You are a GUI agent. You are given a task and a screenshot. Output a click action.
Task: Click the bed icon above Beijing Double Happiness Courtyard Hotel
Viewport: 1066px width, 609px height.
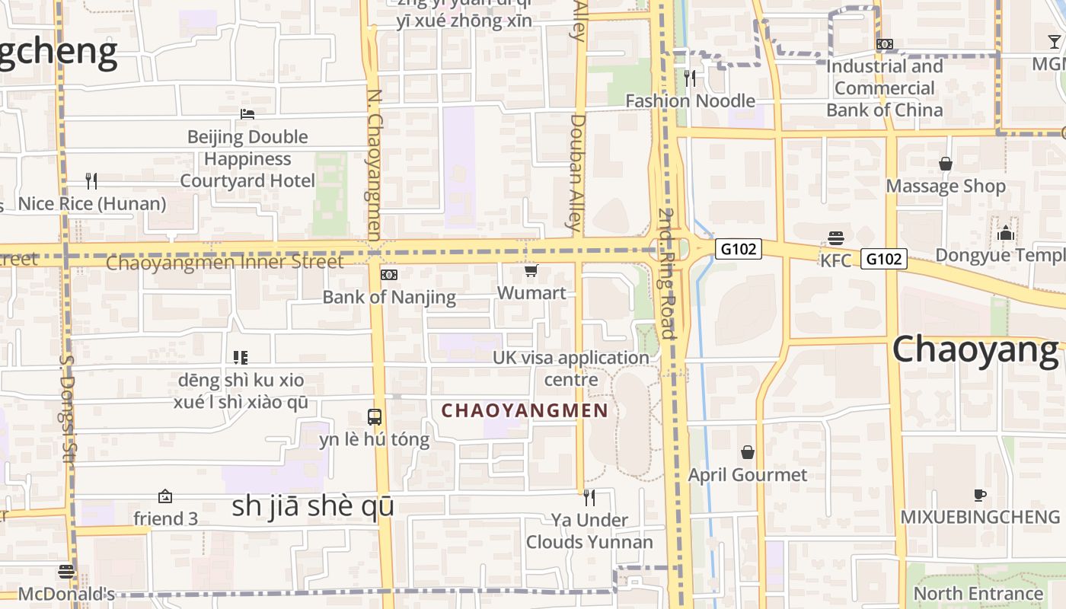(247, 114)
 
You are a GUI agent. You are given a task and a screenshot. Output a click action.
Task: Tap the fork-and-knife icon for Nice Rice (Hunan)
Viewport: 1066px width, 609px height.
(91, 180)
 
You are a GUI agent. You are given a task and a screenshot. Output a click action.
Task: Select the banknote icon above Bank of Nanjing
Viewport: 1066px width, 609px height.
(389, 274)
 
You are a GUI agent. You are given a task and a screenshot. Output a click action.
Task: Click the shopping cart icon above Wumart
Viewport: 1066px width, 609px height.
(531, 270)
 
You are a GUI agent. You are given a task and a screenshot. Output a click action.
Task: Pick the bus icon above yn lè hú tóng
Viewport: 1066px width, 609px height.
(375, 416)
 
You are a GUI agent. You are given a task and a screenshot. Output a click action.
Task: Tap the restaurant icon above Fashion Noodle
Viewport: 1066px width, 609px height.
(690, 78)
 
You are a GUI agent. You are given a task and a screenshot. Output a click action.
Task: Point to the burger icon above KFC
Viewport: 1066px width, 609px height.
(836, 238)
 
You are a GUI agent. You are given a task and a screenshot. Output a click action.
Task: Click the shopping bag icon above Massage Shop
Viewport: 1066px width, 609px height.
(946, 164)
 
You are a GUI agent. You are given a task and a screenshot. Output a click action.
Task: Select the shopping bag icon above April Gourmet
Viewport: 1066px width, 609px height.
(748, 452)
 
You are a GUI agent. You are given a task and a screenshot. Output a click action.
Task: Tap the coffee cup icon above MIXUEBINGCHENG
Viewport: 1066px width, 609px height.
(980, 495)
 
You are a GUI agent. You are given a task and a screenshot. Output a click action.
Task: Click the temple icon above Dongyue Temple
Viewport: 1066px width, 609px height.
(1006, 232)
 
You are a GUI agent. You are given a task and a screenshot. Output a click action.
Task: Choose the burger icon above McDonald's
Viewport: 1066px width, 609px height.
(66, 571)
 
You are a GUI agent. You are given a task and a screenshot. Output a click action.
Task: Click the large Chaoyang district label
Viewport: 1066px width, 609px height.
(975, 349)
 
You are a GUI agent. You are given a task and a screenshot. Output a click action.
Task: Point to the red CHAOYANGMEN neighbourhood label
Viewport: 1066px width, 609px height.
(525, 411)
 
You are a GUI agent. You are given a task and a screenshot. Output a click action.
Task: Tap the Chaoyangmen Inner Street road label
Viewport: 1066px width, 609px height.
(225, 263)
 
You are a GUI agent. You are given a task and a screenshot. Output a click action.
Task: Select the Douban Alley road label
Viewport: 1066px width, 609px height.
(577, 172)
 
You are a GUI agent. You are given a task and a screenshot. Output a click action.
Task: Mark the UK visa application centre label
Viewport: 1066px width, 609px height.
(571, 368)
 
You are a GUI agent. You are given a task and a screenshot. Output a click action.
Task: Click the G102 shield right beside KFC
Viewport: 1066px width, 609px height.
(884, 259)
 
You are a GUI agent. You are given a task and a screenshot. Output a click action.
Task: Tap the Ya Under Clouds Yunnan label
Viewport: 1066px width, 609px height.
(589, 531)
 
